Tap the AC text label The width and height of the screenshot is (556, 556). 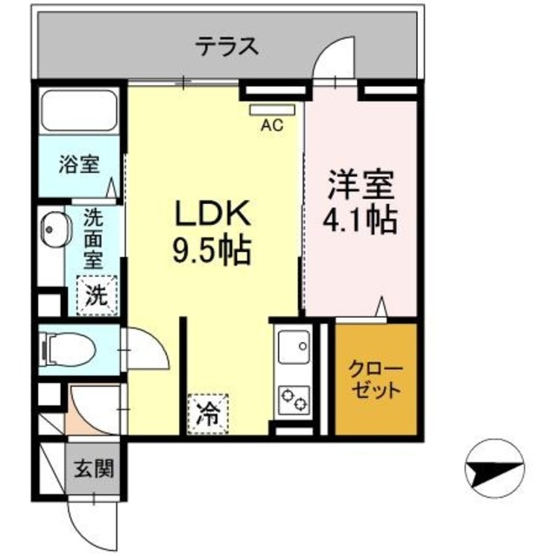(272, 125)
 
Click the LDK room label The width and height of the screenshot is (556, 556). (214, 214)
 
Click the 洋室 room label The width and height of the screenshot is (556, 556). (360, 185)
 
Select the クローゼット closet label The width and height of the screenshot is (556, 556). (375, 380)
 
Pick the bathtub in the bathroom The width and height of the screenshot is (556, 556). (80, 111)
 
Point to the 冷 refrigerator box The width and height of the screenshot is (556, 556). (208, 410)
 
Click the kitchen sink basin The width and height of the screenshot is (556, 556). (293, 348)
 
